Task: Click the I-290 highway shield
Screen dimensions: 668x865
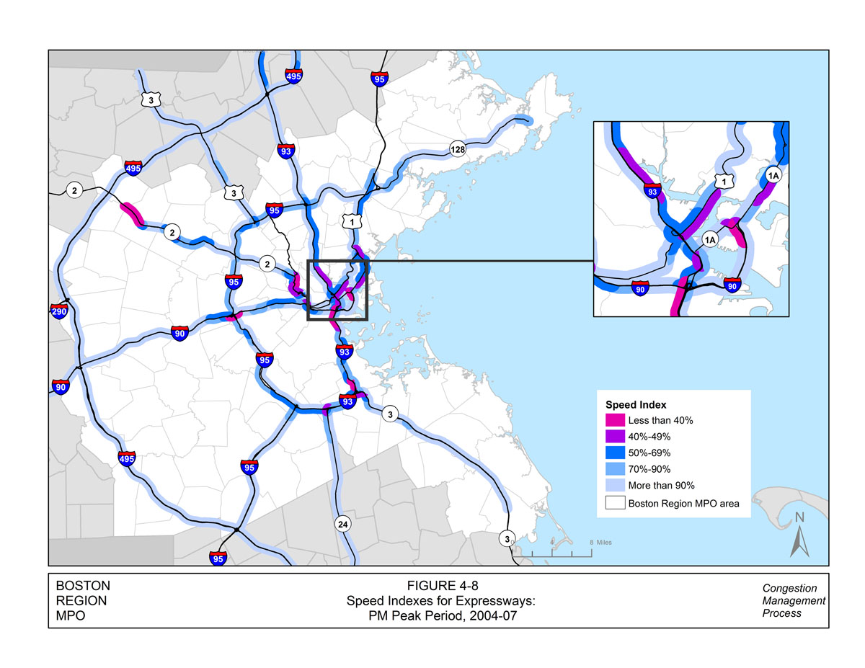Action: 58,311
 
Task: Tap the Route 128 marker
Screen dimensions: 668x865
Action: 458,149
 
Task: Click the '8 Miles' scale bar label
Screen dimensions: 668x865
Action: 600,542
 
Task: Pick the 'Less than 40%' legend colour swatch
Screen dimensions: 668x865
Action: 616,420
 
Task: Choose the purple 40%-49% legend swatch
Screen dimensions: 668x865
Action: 616,437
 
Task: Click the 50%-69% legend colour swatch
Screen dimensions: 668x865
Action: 616,453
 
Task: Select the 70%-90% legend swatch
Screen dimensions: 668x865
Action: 616,470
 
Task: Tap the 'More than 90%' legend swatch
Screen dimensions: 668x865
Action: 616,486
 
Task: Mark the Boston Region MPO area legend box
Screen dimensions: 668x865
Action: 616,503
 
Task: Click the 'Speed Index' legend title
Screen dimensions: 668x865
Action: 635,404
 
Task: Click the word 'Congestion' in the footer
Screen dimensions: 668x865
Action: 790,588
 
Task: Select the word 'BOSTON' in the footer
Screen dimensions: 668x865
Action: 83,586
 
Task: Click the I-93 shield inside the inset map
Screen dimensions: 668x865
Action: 652,192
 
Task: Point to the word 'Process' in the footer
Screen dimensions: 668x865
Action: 782,613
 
